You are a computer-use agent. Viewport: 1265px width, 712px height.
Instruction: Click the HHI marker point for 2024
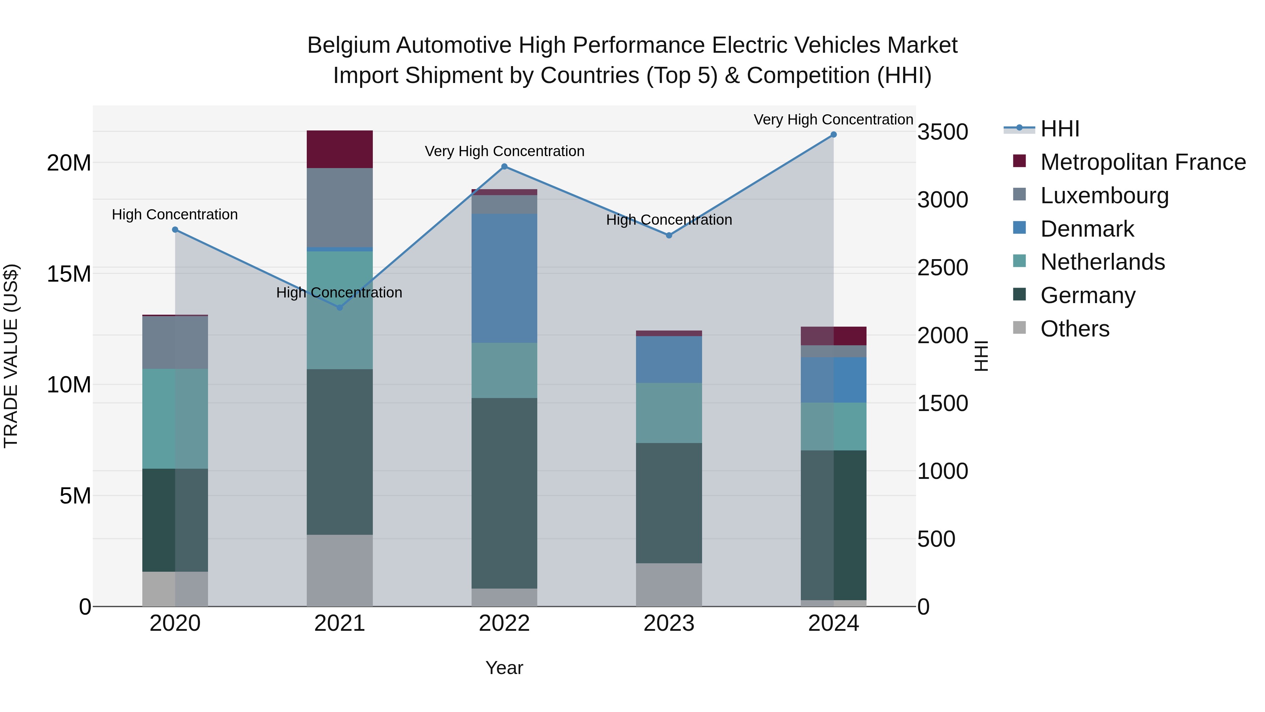(833, 135)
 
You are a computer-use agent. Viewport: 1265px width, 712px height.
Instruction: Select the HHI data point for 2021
(339, 308)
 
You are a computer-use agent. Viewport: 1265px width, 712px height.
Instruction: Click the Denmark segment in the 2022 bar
(504, 278)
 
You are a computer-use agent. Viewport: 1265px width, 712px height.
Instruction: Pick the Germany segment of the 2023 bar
(668, 503)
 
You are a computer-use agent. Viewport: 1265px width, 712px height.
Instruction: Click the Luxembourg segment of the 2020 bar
(175, 342)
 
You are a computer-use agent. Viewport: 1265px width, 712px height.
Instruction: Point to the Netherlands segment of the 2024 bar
(833, 426)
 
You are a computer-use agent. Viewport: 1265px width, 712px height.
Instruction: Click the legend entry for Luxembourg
(1104, 195)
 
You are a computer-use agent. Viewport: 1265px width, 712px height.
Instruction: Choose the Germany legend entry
(1088, 295)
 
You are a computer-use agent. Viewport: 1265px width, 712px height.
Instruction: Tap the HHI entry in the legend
(1060, 129)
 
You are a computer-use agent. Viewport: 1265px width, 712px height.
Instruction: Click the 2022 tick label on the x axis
(504, 623)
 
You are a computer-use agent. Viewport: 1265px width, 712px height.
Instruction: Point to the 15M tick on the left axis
(69, 274)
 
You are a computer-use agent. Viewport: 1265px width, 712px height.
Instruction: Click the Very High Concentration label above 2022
(504, 151)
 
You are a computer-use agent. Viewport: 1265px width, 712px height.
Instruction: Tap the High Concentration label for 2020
(175, 215)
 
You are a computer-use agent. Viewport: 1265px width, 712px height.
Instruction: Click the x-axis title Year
(504, 668)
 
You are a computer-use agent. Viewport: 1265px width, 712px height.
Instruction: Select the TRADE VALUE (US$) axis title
(11, 356)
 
